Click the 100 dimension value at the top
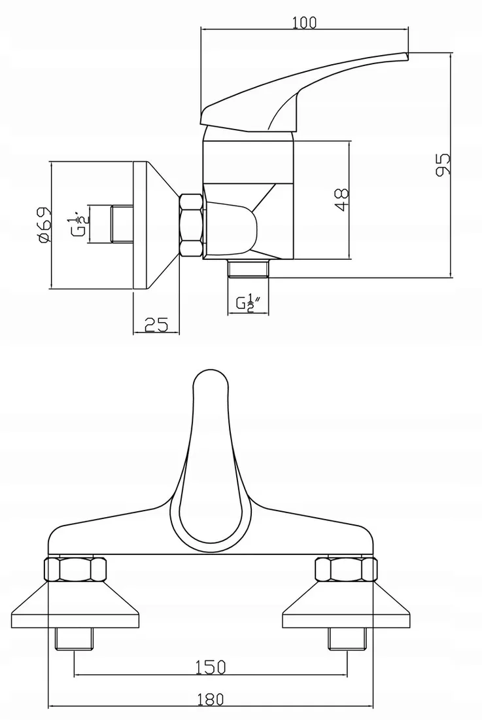(x=305, y=22)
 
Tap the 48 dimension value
(x=341, y=199)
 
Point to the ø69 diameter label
(x=43, y=225)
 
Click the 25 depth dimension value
(x=156, y=324)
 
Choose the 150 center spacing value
(x=211, y=666)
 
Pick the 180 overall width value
(x=210, y=699)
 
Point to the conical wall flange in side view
(x=154, y=225)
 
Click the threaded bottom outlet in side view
(x=249, y=268)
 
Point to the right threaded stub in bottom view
(x=345, y=638)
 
